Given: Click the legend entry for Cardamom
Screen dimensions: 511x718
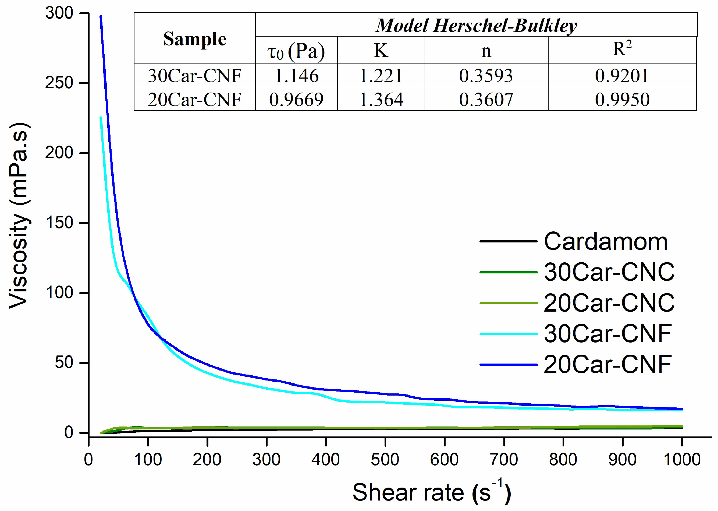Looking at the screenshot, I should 605,242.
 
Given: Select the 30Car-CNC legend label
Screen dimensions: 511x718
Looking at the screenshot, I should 609,272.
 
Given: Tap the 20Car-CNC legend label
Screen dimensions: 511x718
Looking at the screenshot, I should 609,303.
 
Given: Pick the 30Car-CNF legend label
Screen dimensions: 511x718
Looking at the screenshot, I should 608,334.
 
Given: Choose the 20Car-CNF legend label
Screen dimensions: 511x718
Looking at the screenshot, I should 608,365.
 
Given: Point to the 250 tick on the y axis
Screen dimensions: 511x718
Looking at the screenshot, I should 59,83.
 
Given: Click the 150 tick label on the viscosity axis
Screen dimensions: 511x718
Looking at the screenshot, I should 59,223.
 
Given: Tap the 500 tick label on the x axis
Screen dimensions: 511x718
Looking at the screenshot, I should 385,460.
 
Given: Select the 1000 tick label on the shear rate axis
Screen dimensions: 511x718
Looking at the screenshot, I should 681,460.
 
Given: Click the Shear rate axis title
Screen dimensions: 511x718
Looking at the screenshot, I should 431,493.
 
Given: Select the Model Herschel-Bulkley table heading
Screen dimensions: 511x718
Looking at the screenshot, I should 476,25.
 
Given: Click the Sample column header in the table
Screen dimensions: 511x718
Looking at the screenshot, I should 195,39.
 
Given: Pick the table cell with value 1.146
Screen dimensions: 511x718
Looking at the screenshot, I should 296,76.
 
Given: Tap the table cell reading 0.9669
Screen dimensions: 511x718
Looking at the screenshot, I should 296,100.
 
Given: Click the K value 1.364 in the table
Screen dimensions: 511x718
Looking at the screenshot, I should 381,100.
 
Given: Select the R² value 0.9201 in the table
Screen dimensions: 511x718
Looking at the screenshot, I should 621,76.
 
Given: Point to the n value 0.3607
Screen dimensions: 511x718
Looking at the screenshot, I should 486,100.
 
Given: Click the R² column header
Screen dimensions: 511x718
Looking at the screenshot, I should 621,50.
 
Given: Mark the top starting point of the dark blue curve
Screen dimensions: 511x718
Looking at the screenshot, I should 101,16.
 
